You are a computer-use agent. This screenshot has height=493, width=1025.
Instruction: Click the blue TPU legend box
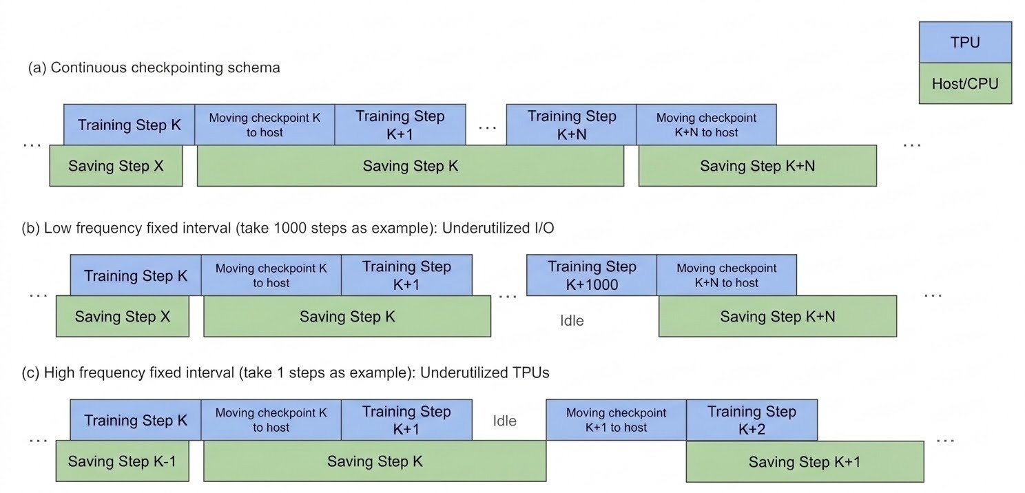click(965, 42)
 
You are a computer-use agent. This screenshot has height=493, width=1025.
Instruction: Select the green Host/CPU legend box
click(965, 83)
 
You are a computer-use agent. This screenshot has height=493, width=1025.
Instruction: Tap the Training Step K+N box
click(572, 125)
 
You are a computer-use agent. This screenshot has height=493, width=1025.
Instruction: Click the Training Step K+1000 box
click(592, 275)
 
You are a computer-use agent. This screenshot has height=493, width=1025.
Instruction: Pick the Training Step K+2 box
click(752, 420)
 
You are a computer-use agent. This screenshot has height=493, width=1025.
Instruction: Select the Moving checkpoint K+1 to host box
click(616, 420)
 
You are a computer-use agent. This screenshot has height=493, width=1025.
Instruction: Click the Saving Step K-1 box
click(122, 461)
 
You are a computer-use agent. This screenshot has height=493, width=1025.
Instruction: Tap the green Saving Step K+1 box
click(805, 461)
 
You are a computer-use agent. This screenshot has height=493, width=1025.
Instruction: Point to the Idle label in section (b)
click(572, 321)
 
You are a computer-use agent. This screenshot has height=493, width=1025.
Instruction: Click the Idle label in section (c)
click(505, 421)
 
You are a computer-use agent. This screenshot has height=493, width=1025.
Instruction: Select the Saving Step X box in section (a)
click(116, 165)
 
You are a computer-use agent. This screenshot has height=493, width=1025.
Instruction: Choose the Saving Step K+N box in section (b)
click(778, 316)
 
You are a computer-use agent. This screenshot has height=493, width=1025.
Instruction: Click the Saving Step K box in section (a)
click(411, 165)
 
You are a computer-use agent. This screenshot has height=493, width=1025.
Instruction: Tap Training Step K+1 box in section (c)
click(406, 420)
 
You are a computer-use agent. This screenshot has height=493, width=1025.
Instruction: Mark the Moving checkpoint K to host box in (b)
click(271, 275)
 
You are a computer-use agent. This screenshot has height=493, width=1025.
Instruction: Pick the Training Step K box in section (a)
click(129, 125)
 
